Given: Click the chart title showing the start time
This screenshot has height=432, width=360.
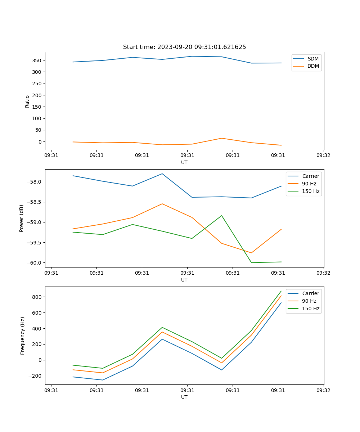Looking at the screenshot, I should [x=184, y=47].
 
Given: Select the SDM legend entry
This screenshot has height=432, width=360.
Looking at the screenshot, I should [x=313, y=59].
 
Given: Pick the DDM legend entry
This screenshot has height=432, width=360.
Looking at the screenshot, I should [x=313, y=66].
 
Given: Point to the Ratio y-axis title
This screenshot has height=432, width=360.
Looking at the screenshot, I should [x=27, y=101].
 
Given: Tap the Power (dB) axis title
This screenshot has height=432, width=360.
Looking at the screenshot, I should [x=22, y=218].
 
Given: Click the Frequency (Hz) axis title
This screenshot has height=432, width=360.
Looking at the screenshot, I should [x=23, y=336].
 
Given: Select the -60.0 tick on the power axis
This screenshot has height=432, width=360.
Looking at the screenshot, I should [x=34, y=263].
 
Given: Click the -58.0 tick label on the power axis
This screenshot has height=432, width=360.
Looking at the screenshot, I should [x=34, y=182].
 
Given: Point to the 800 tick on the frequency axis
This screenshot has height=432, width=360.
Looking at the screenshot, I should [x=37, y=297].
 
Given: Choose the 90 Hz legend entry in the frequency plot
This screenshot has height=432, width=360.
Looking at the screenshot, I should [x=309, y=301].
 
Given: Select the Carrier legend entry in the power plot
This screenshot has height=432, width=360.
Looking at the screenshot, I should [x=310, y=176].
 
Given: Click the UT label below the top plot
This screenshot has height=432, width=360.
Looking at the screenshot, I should [x=184, y=162].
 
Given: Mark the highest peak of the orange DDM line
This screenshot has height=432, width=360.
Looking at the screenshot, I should [x=221, y=138].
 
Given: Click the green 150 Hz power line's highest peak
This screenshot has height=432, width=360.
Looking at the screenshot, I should [x=221, y=216].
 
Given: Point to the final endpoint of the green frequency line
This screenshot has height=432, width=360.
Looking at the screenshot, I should [x=281, y=291].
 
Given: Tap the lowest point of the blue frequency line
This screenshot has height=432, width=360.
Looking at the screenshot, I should [x=103, y=380].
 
